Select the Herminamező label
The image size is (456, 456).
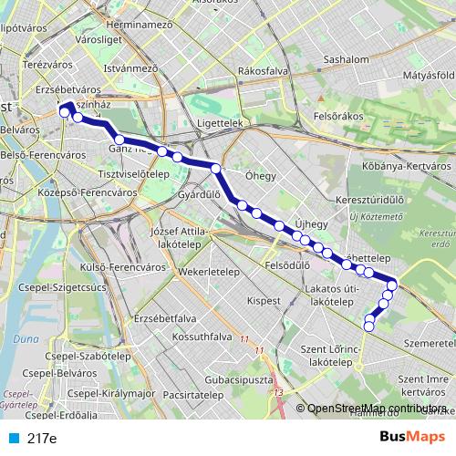click(140, 25)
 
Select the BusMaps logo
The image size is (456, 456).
click(413, 437)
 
